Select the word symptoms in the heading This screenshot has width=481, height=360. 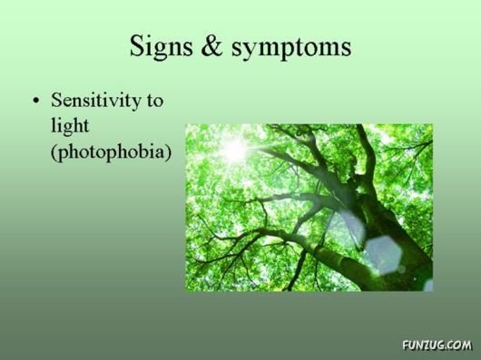click(290, 47)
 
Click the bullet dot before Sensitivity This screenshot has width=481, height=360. click(36, 101)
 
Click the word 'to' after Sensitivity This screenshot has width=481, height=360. click(154, 101)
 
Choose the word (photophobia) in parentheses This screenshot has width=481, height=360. click(110, 151)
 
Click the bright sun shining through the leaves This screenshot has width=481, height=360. click(234, 149)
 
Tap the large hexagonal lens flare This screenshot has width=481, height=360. click(384, 255)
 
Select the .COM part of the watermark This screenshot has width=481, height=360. click(458, 345)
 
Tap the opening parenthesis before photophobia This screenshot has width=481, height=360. click(54, 151)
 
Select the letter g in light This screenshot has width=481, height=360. click(68, 129)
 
